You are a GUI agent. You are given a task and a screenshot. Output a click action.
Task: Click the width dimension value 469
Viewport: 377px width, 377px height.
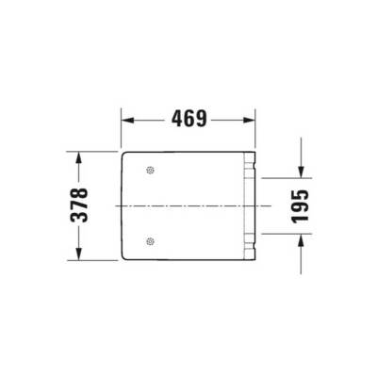click(x=189, y=120)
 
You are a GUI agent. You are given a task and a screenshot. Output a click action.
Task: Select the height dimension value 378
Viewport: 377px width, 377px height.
click(x=84, y=204)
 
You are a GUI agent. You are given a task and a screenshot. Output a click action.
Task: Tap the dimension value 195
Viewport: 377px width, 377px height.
click(x=300, y=204)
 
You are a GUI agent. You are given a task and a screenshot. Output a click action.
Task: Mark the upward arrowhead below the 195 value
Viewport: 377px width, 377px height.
click(x=300, y=238)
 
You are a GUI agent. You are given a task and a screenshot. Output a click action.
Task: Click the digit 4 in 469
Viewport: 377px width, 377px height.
click(x=175, y=120)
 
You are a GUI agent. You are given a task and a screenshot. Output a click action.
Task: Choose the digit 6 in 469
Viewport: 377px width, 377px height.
click(x=189, y=120)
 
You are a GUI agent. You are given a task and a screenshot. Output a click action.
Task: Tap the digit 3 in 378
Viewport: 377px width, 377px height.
click(x=84, y=218)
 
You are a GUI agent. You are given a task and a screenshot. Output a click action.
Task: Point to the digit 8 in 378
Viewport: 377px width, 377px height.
click(x=84, y=190)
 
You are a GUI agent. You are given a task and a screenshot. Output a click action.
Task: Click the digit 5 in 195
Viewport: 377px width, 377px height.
click(x=300, y=190)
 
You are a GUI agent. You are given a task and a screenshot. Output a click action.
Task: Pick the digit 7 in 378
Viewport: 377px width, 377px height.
click(x=84, y=204)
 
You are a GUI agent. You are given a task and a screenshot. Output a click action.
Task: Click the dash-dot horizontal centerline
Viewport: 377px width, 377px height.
click(x=188, y=205)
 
